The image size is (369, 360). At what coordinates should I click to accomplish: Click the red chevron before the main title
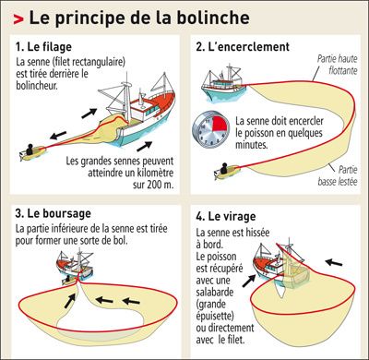tap(18, 19)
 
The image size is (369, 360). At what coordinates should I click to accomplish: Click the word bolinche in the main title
tap(214, 18)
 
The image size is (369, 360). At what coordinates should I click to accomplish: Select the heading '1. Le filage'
tap(43, 47)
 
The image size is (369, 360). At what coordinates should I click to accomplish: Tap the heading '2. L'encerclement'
tap(243, 47)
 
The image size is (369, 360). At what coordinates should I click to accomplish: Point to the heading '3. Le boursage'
tap(53, 213)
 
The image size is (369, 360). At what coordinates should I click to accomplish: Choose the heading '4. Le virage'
tap(226, 216)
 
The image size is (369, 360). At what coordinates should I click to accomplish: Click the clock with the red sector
tap(211, 129)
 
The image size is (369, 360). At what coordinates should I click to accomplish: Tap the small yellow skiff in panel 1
tap(32, 151)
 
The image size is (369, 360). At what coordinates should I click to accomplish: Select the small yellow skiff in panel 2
tap(227, 171)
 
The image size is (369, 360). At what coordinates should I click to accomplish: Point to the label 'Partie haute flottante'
tap(338, 65)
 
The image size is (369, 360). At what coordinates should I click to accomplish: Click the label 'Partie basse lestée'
tap(338, 175)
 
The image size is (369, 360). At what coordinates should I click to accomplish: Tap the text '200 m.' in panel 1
tap(161, 185)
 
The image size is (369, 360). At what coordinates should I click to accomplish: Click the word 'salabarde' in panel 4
tap(215, 292)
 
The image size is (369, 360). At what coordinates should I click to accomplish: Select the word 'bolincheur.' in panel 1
tap(37, 86)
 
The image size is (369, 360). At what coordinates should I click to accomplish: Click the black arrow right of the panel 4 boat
tap(334, 263)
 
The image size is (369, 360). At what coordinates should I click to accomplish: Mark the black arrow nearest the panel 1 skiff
tap(58, 135)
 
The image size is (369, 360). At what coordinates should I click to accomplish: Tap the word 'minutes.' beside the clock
tap(252, 145)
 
